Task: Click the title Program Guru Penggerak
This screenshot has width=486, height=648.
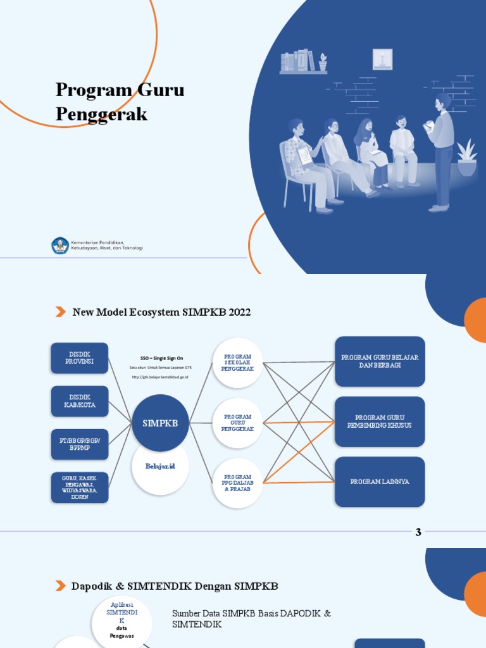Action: pos(120,101)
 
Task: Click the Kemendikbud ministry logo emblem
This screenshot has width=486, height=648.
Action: pos(60,246)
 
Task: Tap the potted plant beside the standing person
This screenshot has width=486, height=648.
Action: pos(467,159)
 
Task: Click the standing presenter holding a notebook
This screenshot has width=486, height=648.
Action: pos(441,152)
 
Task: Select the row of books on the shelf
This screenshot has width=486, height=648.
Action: pos(298,61)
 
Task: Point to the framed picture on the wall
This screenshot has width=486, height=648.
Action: pos(382,59)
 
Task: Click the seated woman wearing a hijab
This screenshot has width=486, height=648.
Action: pos(371,153)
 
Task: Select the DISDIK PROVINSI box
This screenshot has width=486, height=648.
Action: pos(79,358)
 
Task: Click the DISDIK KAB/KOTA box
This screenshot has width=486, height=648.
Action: pos(79,401)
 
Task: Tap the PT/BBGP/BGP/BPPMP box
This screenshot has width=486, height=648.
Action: pos(79,444)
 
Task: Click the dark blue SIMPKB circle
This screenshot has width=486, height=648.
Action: pos(160,423)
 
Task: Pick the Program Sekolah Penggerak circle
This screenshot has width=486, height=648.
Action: pos(237,363)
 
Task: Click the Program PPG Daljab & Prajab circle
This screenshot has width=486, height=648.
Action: pos(237,483)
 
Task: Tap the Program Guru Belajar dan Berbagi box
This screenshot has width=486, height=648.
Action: pos(380,361)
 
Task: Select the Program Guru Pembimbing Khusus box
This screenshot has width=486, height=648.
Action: pos(380,421)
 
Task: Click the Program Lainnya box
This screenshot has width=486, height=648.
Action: pos(380,482)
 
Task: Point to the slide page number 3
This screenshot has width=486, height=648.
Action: pos(418,532)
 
